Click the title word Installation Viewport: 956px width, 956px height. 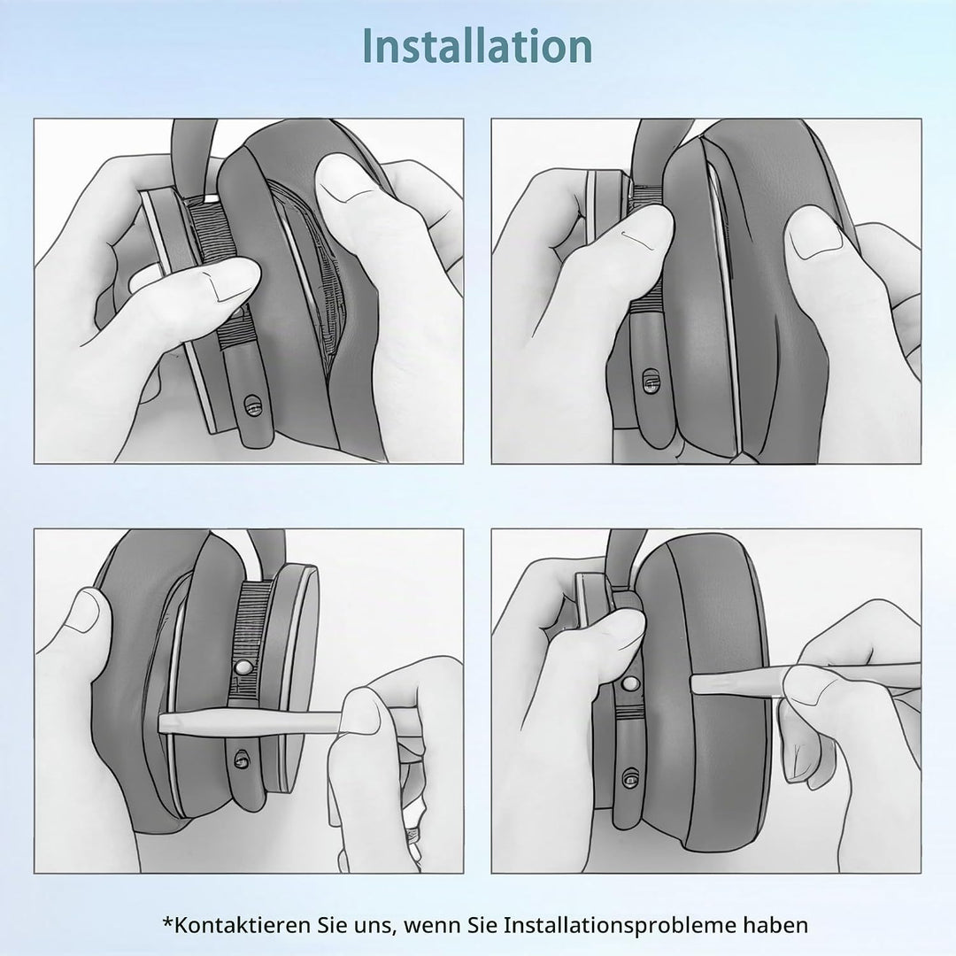click(477, 46)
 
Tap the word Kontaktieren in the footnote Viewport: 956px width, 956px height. click(242, 925)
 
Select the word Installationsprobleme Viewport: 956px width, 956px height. click(619, 926)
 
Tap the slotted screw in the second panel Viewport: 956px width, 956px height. click(651, 381)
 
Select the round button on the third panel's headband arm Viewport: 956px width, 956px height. click(242, 667)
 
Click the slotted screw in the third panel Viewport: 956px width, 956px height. click(242, 759)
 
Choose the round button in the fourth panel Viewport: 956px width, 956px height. click(631, 682)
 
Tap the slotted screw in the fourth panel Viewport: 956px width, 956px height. click(630, 779)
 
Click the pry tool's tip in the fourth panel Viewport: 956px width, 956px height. click(692, 682)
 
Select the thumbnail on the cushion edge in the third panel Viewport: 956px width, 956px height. click(85, 611)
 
